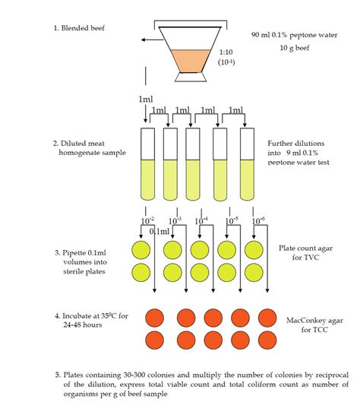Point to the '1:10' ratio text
tap(226, 53)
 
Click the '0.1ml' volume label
tap(159, 231)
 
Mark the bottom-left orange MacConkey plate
tap(141, 339)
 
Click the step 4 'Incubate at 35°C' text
tap(86, 319)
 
